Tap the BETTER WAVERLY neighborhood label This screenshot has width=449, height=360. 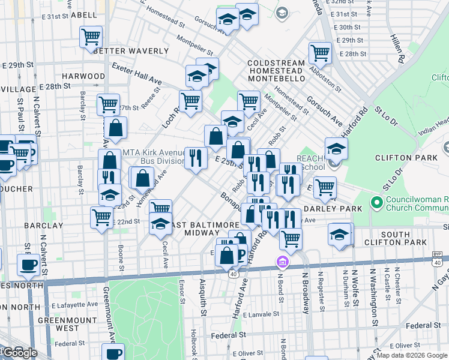click(x=122, y=51)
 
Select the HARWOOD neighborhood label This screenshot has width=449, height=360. click(x=83, y=76)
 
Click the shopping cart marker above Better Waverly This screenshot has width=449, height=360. click(x=91, y=36)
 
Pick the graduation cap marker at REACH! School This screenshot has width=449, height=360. click(x=336, y=148)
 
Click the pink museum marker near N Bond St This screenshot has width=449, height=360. click(x=282, y=262)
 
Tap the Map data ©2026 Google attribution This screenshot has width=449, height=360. click(x=412, y=355)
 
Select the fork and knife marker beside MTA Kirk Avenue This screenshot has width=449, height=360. click(x=195, y=158)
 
